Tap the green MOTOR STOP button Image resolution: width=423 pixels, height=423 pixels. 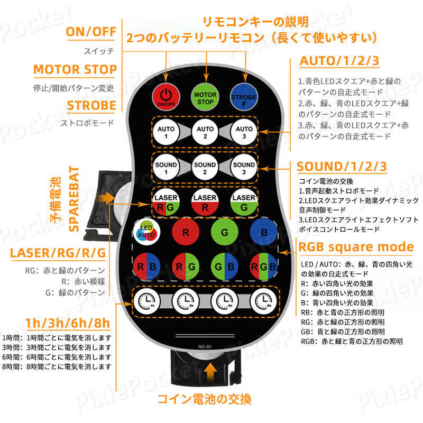pos(205,97)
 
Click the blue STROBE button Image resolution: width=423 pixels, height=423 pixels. pos(244,97)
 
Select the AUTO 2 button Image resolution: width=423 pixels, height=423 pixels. pos(205,132)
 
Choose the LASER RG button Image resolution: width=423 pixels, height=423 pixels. pos(165,203)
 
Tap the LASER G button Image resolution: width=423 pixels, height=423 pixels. pos(244,203)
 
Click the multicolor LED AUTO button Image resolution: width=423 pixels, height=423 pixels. pos(146,232)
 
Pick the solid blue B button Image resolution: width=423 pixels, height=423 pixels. pos(263,232)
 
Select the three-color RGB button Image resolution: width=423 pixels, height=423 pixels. pos(263,266)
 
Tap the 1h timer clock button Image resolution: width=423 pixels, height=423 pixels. pos(146,301)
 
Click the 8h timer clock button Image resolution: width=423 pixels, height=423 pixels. pos(263,301)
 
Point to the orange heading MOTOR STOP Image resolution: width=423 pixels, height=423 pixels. pos(75,70)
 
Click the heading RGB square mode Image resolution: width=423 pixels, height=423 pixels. pos(356,247)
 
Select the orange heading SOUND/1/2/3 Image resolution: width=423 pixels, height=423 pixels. pos(342,167)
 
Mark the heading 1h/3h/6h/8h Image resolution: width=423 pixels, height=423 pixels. pos(68,323)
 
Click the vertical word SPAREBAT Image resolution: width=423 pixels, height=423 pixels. pos(73,199)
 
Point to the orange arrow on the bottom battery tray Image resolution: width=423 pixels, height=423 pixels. pos(210,372)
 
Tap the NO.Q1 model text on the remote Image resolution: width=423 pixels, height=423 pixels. pos(205,346)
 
